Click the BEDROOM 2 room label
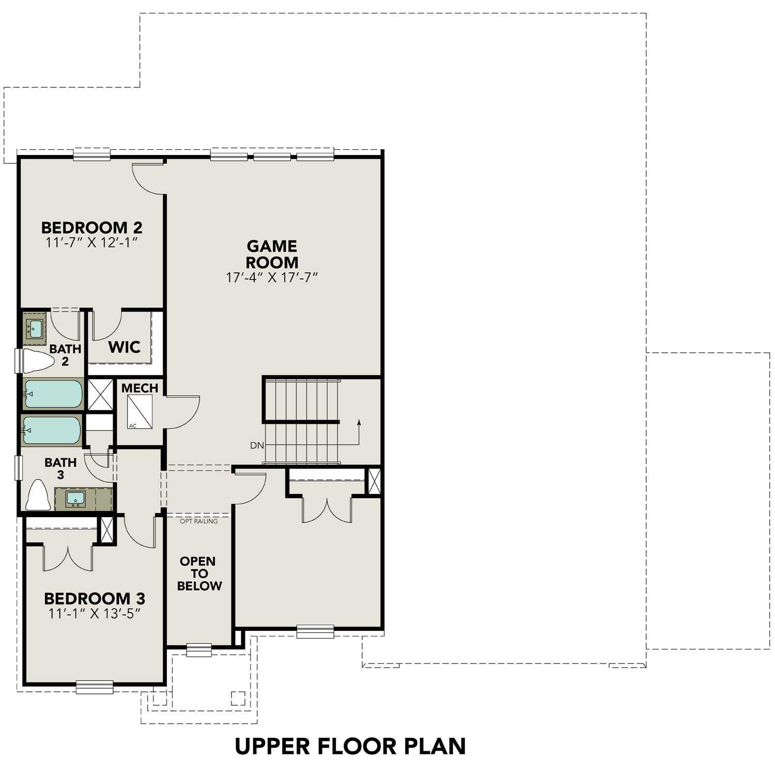point(91,227)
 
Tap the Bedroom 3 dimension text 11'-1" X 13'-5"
point(95,613)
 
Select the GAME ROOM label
point(272,254)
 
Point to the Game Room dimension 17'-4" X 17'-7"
point(272,277)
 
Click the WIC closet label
point(124,347)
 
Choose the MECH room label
point(139,388)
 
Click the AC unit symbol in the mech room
point(139,412)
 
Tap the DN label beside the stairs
point(257,445)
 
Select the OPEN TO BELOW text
point(199,574)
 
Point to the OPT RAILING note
point(199,521)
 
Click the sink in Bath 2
point(36,329)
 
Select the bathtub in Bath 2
point(53,394)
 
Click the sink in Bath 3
point(75,499)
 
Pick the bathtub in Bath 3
point(52,430)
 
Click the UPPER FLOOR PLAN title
point(350,746)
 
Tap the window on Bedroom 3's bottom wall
point(95,687)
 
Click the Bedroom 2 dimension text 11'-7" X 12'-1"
point(91,242)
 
